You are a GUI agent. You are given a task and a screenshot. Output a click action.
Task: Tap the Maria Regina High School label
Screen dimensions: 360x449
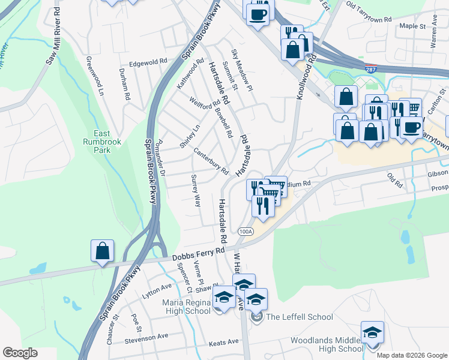coord(186,307)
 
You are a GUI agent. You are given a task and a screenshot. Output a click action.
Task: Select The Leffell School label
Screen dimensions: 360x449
coord(299,317)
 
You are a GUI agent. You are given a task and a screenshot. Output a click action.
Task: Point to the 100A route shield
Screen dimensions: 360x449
coord(246,231)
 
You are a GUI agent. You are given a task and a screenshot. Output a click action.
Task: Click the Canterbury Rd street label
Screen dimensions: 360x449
coord(211,161)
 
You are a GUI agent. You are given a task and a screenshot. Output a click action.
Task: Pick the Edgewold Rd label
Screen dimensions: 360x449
coord(148,62)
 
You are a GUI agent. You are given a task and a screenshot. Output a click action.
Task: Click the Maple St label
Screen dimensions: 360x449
coord(412,26)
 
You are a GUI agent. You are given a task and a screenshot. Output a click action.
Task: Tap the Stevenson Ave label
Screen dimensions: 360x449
coord(146,337)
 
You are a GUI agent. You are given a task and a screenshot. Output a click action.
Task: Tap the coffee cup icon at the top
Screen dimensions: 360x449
coord(258,14)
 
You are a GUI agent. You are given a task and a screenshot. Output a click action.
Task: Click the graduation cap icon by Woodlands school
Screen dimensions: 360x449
coord(372,332)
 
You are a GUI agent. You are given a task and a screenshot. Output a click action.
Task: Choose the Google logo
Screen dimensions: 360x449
coord(20,353)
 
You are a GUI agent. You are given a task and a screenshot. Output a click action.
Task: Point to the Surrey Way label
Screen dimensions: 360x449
coord(196,191)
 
